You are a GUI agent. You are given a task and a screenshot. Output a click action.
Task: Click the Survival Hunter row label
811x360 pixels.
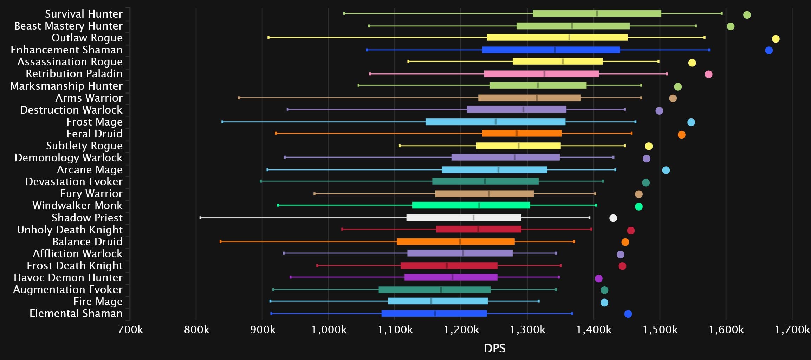pos(84,14)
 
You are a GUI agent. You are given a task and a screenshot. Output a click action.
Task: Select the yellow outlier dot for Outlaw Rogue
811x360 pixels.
pos(776,39)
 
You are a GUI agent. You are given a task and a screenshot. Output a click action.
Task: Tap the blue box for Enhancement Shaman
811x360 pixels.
pos(551,50)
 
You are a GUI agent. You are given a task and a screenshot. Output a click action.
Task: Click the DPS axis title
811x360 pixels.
pos(494,348)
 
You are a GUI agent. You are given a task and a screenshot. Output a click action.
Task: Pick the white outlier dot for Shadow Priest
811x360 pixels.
pos(613,218)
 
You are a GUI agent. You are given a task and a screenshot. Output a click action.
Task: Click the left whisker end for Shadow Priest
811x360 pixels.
pos(201,218)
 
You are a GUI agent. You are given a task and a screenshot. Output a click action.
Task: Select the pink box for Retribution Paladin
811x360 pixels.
pos(541,74)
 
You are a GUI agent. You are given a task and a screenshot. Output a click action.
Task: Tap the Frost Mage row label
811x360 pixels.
pos(94,122)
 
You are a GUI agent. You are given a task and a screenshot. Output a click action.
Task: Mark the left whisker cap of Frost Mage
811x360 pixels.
pos(222,122)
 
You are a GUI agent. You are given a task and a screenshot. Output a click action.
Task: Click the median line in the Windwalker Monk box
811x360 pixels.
pos(479,205)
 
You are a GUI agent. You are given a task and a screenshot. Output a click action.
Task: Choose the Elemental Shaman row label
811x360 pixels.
pos(76,313)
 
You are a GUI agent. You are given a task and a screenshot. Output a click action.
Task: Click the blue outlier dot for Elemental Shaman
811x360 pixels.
pos(628,314)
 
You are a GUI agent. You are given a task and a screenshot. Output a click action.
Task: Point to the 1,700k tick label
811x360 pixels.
pos(792,329)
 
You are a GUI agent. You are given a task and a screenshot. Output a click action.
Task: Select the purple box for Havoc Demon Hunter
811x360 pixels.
pos(451,277)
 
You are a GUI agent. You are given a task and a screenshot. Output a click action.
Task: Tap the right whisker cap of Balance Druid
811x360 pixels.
pos(574,242)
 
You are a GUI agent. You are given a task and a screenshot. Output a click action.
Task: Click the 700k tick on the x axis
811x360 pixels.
pos(131,329)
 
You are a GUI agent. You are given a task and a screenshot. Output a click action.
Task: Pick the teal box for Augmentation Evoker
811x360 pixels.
pos(434,289)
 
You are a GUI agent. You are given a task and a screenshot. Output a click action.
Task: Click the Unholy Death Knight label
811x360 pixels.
pos(70,230)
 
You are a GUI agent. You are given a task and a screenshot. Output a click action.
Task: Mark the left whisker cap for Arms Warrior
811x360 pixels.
pos(239,98)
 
